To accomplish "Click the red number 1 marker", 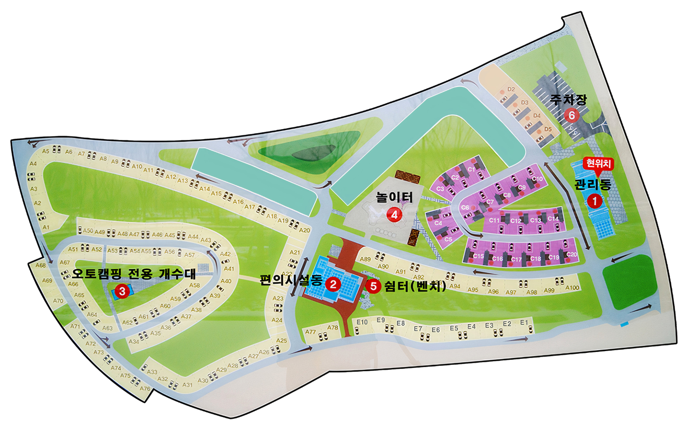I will click(x=595, y=200).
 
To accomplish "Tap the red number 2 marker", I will click(x=333, y=284).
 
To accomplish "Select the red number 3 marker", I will click(x=122, y=291).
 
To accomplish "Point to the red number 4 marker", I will click(x=394, y=214).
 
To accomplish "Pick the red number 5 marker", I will click(x=373, y=287).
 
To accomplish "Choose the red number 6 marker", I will click(x=571, y=115).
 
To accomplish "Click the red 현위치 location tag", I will click(x=598, y=164).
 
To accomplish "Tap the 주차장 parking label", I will click(x=568, y=99).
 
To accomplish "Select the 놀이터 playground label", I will click(x=394, y=197).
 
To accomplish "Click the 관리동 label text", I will click(x=593, y=184).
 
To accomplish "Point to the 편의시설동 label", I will click(x=291, y=280).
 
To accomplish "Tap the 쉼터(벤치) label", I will click(x=415, y=287).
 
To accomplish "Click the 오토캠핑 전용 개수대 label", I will click(x=134, y=274).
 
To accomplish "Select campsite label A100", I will click(x=572, y=288).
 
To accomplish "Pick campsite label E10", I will click(x=362, y=322).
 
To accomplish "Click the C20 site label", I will click(x=571, y=254).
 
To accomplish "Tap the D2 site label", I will click(x=511, y=89).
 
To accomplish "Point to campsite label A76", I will click(x=145, y=389).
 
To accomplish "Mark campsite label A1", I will click(x=46, y=227).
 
